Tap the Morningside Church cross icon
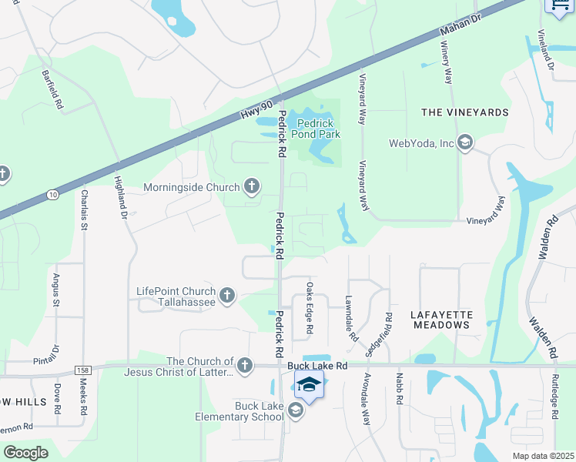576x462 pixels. [x=251, y=186]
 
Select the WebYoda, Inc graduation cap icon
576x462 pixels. [x=464, y=142]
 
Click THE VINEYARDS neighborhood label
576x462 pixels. [x=465, y=112]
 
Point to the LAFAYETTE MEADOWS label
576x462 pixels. [x=440, y=320]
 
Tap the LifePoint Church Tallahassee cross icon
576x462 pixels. [x=226, y=295]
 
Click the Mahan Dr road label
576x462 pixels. [x=454, y=28]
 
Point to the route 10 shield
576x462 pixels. [x=52, y=196]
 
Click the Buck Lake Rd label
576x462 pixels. [x=318, y=367]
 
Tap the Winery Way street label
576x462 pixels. [x=447, y=63]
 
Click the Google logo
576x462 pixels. [x=26, y=453]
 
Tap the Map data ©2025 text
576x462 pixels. [x=544, y=456]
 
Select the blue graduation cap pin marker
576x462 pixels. [x=308, y=384]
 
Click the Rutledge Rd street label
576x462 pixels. [x=554, y=397]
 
